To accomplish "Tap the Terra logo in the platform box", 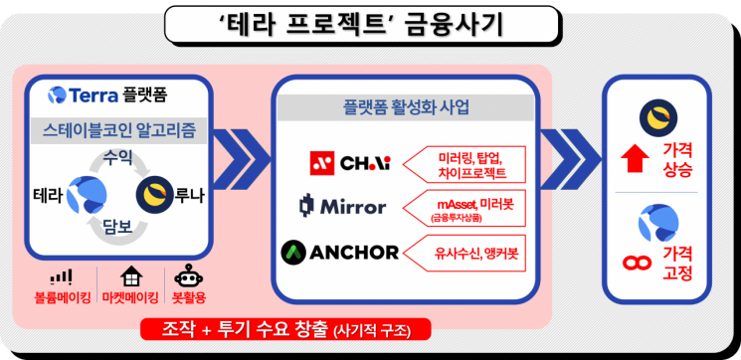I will [x=58, y=96].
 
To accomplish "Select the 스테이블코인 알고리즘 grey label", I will [x=119, y=131].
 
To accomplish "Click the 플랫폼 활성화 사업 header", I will [x=407, y=106].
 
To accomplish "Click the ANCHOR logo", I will [x=340, y=252].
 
